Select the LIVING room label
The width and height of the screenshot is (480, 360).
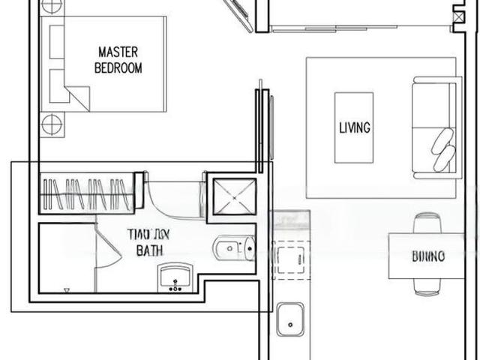(x=354, y=127)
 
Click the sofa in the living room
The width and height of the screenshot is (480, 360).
(x=434, y=127)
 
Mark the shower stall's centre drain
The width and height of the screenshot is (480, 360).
(x=232, y=196)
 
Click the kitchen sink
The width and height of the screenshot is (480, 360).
(x=289, y=320)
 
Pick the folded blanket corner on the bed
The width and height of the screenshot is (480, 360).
(x=77, y=96)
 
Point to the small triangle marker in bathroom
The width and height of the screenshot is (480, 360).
(x=66, y=290)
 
